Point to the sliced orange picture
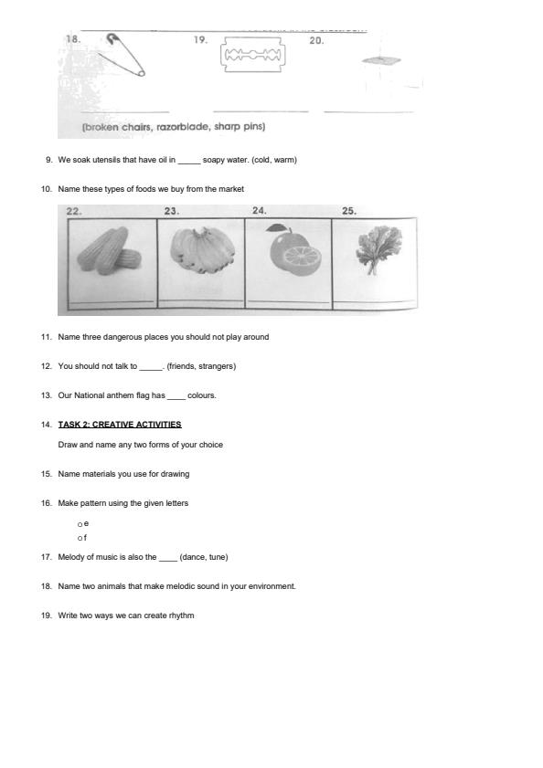[289, 255]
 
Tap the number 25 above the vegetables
[349, 211]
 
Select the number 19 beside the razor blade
[200, 40]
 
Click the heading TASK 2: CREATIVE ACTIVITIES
[120, 425]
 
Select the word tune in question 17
[217, 557]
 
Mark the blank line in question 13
[176, 396]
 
